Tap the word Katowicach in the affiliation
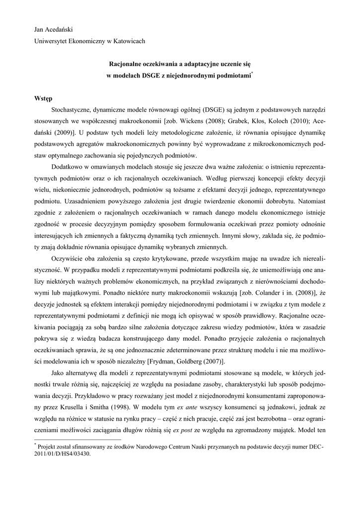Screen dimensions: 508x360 tap(128, 41)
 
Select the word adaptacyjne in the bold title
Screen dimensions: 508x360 tap(197, 64)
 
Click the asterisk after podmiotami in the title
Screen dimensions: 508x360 tap(252, 72)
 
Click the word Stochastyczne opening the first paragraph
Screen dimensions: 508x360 tap(72, 109)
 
